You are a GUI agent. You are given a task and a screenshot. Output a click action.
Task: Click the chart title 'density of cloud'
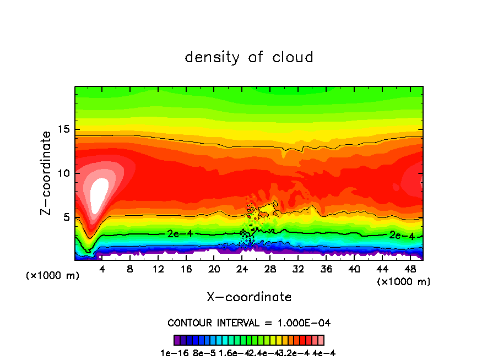pos(249,57)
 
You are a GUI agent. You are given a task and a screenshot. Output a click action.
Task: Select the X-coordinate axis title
pos(249,297)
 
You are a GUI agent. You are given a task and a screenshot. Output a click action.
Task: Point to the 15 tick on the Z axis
pos(64,129)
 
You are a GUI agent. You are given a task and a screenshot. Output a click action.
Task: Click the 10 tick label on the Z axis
pos(64,173)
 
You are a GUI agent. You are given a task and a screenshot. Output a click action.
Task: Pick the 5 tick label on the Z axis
pos(67,217)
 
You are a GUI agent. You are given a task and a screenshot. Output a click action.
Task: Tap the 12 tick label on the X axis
pos(158,270)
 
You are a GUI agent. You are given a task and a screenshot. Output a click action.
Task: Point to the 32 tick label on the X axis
pos(298,270)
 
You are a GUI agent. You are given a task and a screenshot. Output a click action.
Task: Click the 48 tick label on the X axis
pos(410,270)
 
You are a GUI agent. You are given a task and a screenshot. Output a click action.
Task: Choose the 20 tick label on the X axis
pos(214,270)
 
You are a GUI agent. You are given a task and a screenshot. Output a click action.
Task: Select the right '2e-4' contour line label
pos(400,235)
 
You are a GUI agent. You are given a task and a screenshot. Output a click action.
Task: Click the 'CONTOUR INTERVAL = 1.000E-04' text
pos(249,323)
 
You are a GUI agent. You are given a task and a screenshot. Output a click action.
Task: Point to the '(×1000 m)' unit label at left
pos(52,275)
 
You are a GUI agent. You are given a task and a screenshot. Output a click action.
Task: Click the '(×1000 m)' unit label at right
pos(404,282)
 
